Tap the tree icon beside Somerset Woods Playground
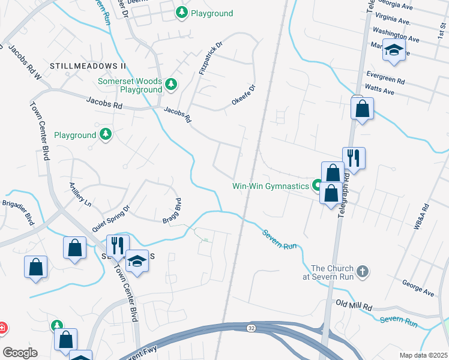click(x=172, y=83)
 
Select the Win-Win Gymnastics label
click(x=270, y=186)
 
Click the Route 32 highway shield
click(x=252, y=328)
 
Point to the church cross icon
click(x=362, y=272)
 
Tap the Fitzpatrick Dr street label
click(x=210, y=59)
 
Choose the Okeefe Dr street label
click(x=244, y=96)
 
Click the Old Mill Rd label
click(x=354, y=305)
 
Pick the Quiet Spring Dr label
click(x=111, y=220)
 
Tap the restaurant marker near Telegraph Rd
click(x=354, y=158)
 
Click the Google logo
click(x=20, y=353)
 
